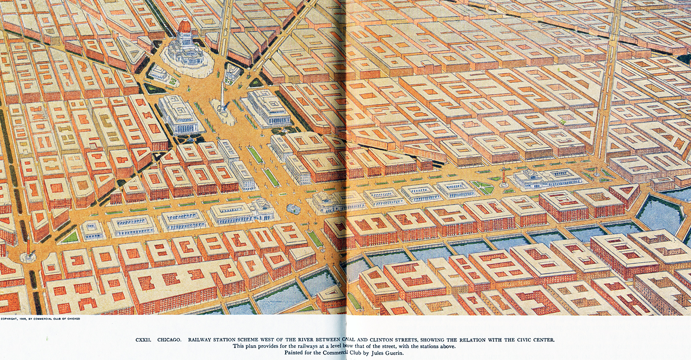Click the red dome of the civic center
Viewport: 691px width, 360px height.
(184, 26)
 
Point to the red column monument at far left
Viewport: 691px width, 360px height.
(28, 248)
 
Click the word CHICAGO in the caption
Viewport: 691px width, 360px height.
(168, 340)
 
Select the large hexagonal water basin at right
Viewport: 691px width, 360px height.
(659, 212)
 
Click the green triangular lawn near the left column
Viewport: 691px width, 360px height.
(70, 237)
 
